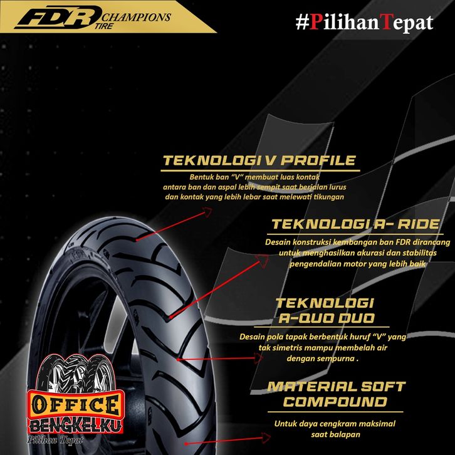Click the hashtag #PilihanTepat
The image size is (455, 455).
(x=364, y=23)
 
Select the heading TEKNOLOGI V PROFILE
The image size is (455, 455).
(x=259, y=161)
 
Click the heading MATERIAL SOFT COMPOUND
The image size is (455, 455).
(x=336, y=394)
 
